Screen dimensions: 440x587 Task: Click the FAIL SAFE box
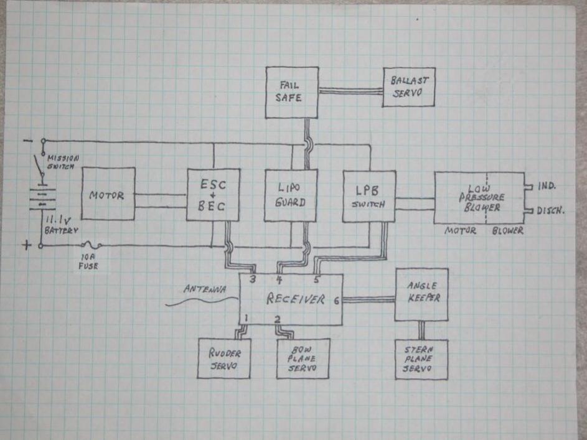point(292,93)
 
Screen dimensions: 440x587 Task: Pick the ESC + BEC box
point(213,194)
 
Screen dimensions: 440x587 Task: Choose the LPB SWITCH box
point(369,195)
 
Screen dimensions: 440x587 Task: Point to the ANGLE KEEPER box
point(421,294)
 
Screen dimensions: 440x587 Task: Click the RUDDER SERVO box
point(223,359)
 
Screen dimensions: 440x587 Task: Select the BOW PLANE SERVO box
point(302,359)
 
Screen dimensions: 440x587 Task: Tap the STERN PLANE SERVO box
point(421,360)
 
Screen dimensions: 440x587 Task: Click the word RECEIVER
point(296,299)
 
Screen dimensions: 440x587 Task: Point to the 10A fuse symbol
point(90,246)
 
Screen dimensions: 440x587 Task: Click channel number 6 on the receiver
point(336,301)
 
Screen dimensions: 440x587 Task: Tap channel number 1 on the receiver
point(247,319)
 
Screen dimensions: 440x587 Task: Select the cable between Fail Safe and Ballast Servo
point(350,91)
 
